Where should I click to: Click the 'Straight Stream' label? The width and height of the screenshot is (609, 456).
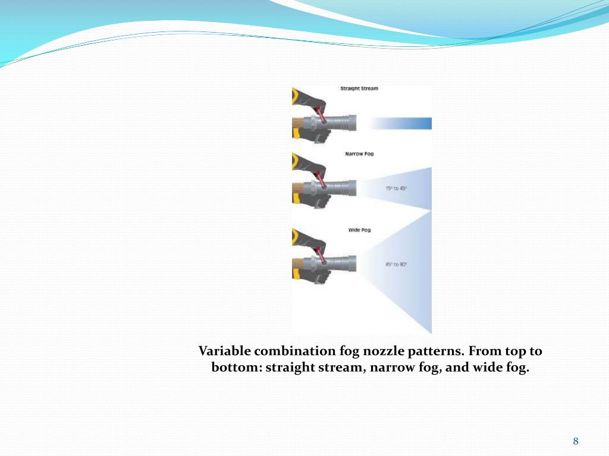click(359, 88)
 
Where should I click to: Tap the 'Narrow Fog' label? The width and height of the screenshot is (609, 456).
click(359, 154)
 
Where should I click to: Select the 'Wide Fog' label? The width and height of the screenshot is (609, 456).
click(359, 230)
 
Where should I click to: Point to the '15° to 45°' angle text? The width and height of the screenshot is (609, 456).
click(395, 188)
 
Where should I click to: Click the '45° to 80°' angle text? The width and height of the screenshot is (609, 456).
click(395, 264)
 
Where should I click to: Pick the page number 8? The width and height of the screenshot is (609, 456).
click(576, 441)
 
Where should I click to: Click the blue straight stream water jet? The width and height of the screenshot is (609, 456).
click(401, 123)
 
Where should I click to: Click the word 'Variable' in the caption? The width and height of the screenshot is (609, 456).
click(224, 351)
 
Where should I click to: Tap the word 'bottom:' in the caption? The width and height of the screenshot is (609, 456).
click(237, 367)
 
